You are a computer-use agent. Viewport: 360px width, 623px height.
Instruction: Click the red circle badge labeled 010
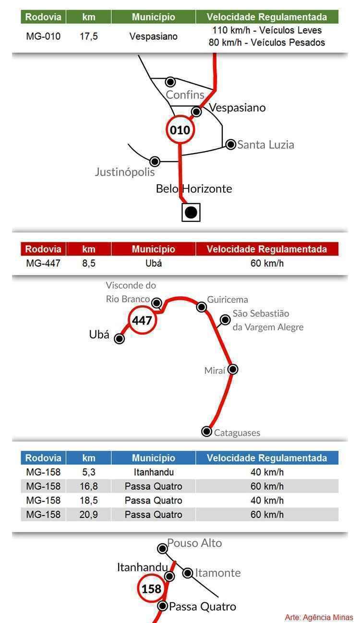pyautogui.click(x=180, y=130)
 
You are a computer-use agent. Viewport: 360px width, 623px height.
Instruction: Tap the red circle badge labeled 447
pyautogui.click(x=142, y=320)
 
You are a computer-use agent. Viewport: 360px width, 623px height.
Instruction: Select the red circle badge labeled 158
pyautogui.click(x=151, y=588)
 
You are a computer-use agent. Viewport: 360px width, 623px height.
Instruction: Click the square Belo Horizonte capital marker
pyautogui.click(x=191, y=213)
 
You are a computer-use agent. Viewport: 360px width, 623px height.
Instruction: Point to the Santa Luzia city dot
pyautogui.click(x=230, y=144)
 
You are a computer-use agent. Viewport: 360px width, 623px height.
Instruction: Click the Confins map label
pyautogui.click(x=185, y=95)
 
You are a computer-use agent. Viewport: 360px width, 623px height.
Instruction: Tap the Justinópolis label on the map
pyautogui.click(x=125, y=172)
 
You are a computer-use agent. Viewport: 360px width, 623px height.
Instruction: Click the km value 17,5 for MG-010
pyautogui.click(x=89, y=36)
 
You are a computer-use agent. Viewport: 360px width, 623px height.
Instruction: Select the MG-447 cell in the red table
pyautogui.click(x=43, y=263)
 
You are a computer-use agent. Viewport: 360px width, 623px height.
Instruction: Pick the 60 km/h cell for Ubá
pyautogui.click(x=267, y=263)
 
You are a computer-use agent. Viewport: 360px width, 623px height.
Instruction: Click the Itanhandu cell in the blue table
pyautogui.click(x=154, y=472)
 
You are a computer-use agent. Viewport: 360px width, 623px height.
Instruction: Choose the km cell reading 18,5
pyautogui.click(x=89, y=501)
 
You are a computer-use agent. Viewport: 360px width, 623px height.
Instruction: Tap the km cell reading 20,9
pyautogui.click(x=89, y=515)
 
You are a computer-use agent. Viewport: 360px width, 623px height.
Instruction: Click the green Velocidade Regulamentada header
pyautogui.click(x=267, y=17)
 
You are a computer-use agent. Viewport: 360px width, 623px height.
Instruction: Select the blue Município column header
pyautogui.click(x=154, y=458)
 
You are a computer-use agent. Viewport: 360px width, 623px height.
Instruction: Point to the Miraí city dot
pyautogui.click(x=233, y=370)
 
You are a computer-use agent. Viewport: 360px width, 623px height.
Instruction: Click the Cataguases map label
pyautogui.click(x=237, y=433)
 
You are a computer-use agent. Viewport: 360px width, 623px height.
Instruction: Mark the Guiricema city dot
pyautogui.click(x=202, y=307)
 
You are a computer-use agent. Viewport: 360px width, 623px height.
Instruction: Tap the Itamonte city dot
pyautogui.click(x=188, y=573)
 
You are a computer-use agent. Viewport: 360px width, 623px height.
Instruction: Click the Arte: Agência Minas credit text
pyautogui.click(x=319, y=617)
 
